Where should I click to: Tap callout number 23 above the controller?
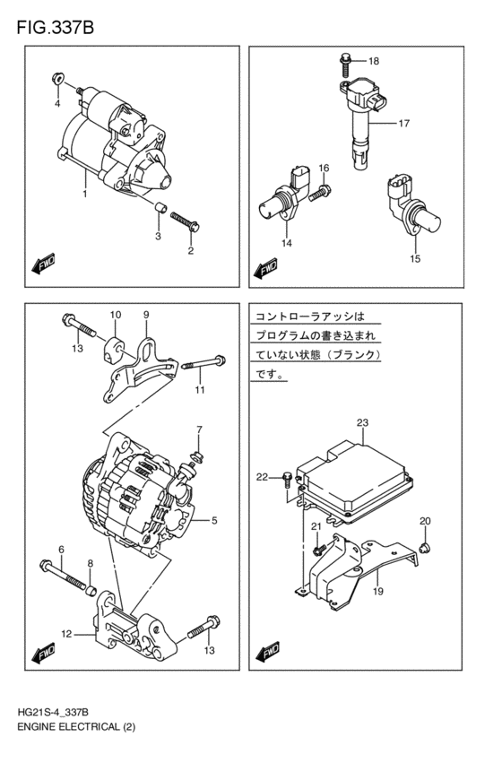pos(362,422)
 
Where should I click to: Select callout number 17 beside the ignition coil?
pos(403,123)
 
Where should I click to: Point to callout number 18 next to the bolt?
pos(374,61)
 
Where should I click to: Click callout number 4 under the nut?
pos(56,104)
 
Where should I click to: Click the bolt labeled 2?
pos(183,221)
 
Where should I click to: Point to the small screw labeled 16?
pos(322,190)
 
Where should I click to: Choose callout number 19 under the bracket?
pos(378,591)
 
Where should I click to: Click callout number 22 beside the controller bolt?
pos(262,476)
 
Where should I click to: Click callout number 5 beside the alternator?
pos(215,519)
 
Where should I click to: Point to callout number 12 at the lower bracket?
pos(65,635)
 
